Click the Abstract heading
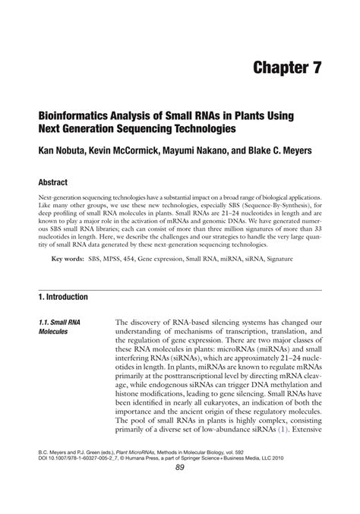tap(52, 183)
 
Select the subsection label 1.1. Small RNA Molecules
tap(56, 327)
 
